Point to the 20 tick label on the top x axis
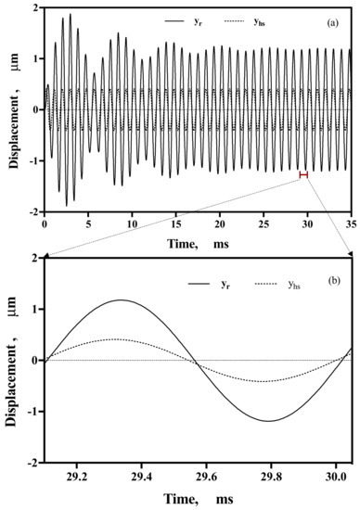(219, 223)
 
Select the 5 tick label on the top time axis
(88, 223)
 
